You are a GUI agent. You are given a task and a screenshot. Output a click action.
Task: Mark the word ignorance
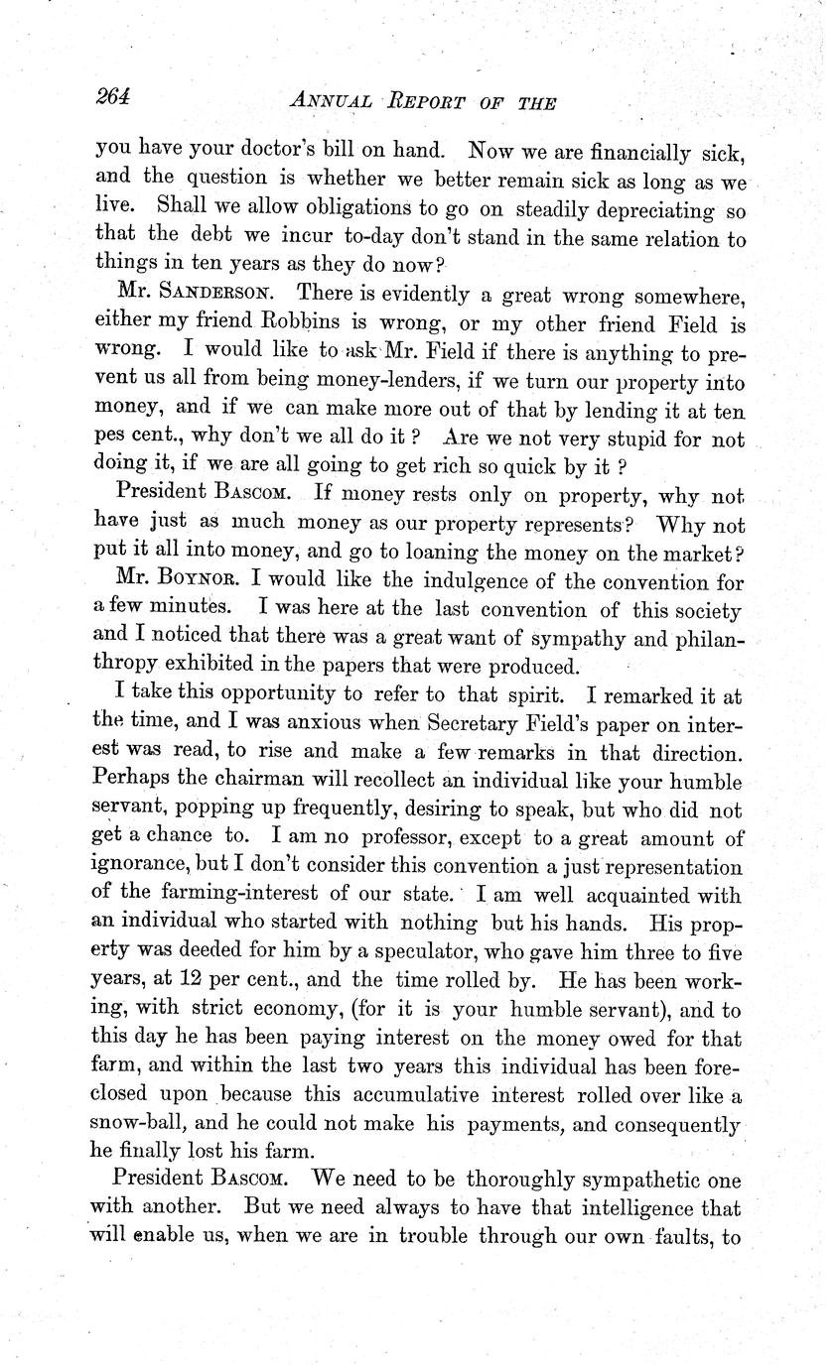pyautogui.click(x=142, y=868)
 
